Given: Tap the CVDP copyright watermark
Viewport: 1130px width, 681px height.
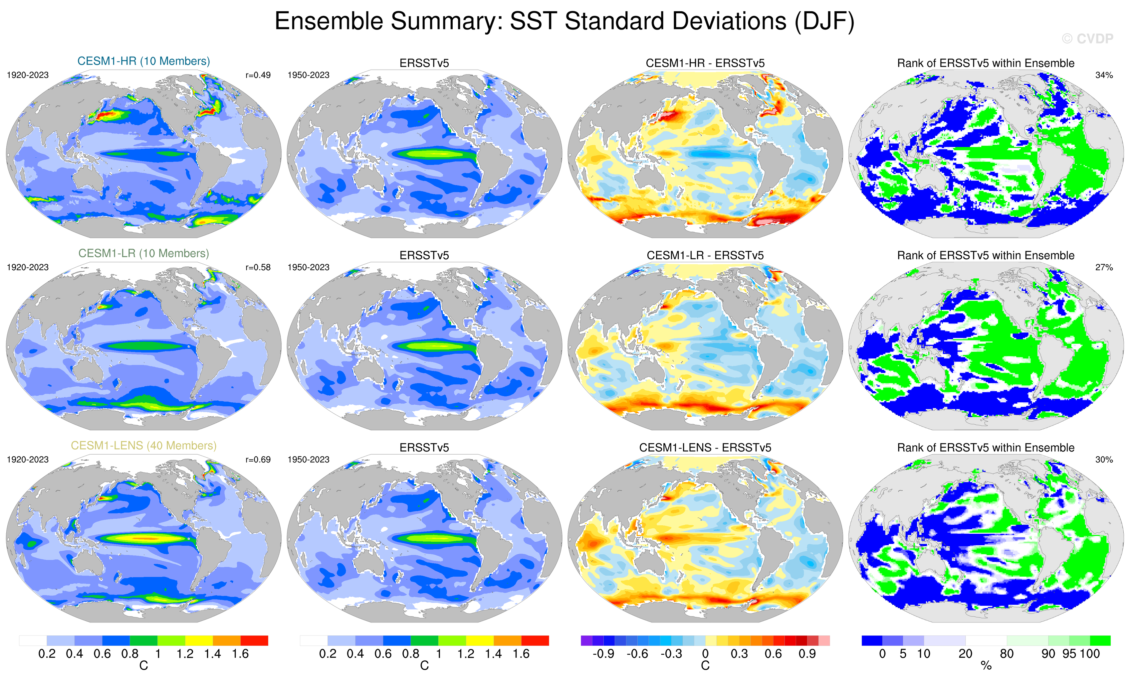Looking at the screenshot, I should (1087, 39).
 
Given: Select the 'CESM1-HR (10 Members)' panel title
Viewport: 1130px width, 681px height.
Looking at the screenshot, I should (143, 61).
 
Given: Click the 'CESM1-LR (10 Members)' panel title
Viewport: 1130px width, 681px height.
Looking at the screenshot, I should (143, 253).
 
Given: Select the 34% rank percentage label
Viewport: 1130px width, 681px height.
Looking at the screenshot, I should (1104, 75).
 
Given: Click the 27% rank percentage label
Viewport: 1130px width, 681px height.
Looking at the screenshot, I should (1104, 267).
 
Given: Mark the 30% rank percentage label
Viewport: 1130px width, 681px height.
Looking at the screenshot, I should (1104, 459).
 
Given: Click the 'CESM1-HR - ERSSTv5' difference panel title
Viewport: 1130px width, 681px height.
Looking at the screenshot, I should (705, 63).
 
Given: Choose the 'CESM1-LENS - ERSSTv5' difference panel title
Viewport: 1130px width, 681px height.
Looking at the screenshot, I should (705, 447).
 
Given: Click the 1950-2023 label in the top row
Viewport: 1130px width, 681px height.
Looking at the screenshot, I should (308, 75).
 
